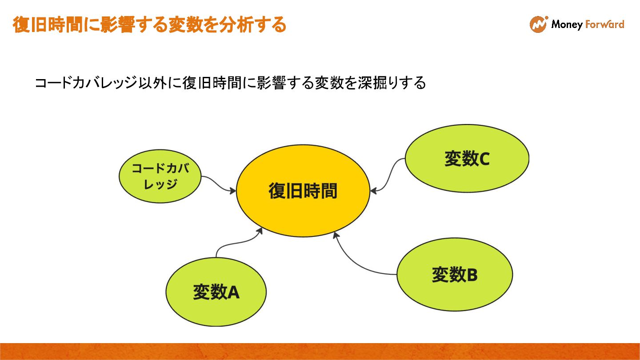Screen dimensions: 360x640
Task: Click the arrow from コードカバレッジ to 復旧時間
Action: click(218, 184)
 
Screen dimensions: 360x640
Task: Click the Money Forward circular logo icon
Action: click(538, 24)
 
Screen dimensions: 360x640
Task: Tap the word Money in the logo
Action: click(567, 24)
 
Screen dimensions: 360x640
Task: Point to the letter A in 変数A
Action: click(233, 292)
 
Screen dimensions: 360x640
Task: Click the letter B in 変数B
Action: click(472, 275)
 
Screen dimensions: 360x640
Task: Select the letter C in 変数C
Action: click(484, 159)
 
